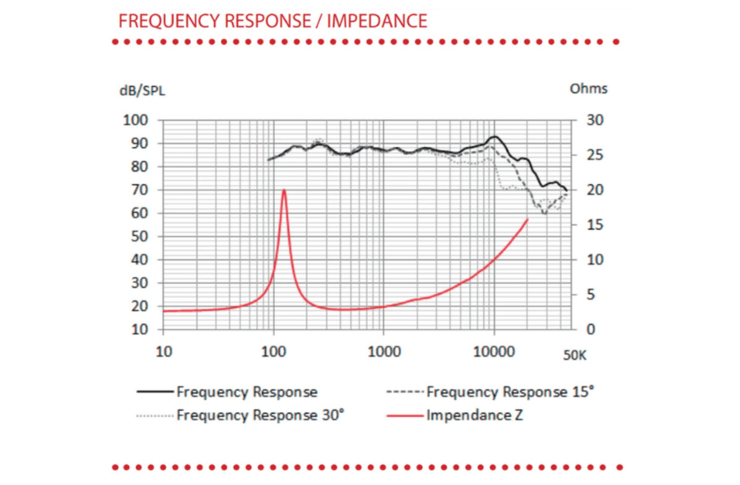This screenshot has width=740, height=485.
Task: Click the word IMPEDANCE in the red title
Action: tap(377, 21)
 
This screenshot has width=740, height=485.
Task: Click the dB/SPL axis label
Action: tap(142, 91)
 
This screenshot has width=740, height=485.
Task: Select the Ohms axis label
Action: tap(588, 89)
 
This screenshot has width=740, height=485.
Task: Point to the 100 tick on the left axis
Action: tap(136, 120)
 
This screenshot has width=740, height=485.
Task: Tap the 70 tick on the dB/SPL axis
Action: tap(139, 190)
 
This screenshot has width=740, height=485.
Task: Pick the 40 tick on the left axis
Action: tap(139, 260)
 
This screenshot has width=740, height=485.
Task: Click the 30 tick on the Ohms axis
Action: tap(595, 120)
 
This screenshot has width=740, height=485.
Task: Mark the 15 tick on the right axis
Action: tap(595, 225)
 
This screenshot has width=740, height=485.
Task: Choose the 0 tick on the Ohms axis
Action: tap(591, 330)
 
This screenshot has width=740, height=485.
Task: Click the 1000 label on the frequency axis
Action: tap(384, 352)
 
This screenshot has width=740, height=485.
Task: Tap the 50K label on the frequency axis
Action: tap(575, 355)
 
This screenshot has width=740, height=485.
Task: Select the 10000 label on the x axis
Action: tap(494, 352)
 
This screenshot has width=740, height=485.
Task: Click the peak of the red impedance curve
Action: tap(284, 190)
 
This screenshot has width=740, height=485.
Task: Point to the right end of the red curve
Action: tap(528, 219)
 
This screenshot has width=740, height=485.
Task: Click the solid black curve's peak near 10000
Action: tap(495, 136)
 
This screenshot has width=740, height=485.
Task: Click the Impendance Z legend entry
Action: tap(455, 415)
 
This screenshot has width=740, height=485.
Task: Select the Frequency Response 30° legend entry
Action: tap(240, 415)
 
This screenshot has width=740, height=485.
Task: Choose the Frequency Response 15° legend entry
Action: tap(490, 392)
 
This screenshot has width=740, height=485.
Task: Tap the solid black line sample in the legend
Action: tap(155, 392)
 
